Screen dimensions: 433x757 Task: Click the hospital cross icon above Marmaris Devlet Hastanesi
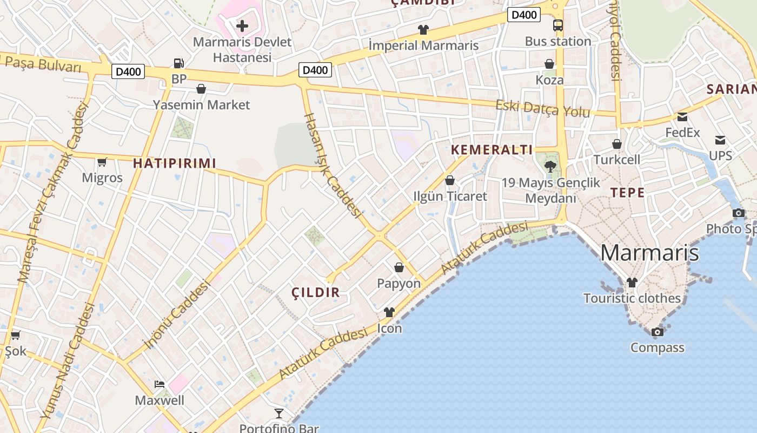(x=242, y=25)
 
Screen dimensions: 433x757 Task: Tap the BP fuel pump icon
(x=178, y=63)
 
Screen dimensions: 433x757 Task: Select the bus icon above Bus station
(x=557, y=25)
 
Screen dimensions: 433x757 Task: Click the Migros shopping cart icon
(x=102, y=162)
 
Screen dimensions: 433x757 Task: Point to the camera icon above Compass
(x=657, y=332)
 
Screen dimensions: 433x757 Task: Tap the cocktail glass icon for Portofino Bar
(x=279, y=414)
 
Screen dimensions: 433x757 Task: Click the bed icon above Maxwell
(x=160, y=384)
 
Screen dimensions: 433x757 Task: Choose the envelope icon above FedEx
(x=682, y=117)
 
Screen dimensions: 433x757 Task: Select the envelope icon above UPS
(x=720, y=140)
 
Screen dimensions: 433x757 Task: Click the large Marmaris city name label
(x=649, y=253)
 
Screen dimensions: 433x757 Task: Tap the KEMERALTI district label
(x=492, y=150)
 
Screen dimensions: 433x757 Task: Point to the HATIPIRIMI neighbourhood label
(x=174, y=163)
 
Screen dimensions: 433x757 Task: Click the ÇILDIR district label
(x=316, y=293)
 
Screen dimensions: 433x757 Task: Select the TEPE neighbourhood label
(x=627, y=193)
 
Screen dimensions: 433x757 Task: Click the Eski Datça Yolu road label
(x=542, y=108)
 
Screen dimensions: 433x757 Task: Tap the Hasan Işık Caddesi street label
(x=332, y=165)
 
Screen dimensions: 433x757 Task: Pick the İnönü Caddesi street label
(x=176, y=314)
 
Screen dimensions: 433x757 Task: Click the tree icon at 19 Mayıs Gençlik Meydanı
(x=550, y=166)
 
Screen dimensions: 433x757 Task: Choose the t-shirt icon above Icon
(x=389, y=312)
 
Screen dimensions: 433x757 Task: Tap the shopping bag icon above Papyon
(x=399, y=267)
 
